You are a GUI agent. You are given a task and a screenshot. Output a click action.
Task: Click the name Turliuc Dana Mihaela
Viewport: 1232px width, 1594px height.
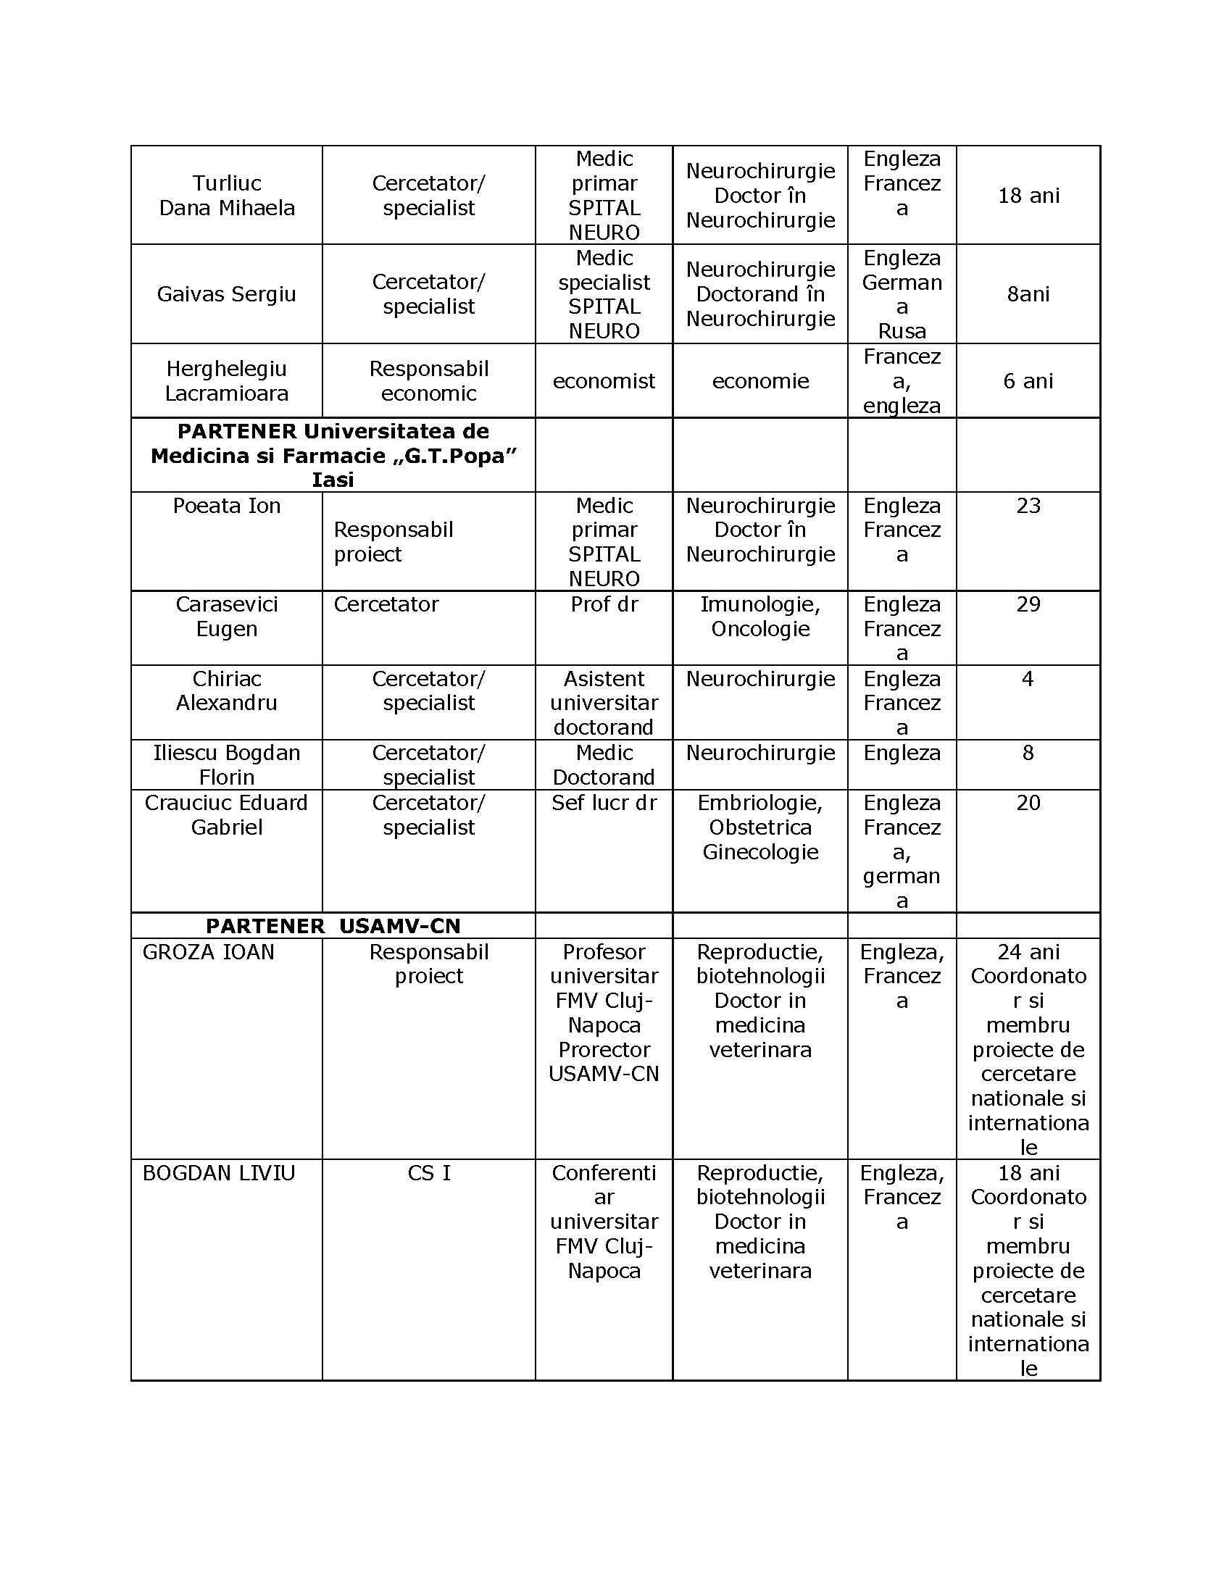(x=226, y=196)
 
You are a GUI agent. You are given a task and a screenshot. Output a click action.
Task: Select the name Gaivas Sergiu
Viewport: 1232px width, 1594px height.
(x=226, y=294)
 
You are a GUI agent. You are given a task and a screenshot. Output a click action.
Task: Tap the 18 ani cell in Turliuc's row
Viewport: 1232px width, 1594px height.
(x=1028, y=196)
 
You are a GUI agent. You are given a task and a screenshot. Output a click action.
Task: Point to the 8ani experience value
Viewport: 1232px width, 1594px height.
(x=1028, y=294)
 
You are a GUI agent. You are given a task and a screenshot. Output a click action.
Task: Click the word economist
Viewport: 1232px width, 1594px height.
(x=604, y=381)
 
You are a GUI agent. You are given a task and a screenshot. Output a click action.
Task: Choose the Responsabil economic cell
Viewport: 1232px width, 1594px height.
(x=428, y=381)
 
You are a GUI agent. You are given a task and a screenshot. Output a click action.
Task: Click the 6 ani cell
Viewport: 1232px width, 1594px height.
(x=1028, y=381)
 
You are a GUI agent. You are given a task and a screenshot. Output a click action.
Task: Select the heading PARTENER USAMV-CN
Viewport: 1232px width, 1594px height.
(x=333, y=926)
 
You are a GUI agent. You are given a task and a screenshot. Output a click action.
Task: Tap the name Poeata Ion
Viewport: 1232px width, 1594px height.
(x=226, y=506)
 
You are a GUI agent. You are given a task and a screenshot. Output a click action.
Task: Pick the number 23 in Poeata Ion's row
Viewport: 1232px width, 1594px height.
(x=1028, y=506)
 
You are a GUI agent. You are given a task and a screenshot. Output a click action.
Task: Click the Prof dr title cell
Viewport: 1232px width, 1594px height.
(x=604, y=604)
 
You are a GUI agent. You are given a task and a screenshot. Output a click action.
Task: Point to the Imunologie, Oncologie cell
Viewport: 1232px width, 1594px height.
(x=759, y=617)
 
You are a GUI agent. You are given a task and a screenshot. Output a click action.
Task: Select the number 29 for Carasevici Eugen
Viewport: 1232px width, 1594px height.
(x=1028, y=604)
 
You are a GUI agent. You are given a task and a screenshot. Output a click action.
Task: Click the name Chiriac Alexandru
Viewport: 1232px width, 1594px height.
(x=226, y=690)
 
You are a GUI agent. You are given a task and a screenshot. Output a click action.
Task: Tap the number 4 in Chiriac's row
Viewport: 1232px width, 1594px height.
(x=1028, y=679)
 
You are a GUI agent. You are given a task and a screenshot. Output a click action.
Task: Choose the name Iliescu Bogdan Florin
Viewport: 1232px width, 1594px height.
(x=226, y=765)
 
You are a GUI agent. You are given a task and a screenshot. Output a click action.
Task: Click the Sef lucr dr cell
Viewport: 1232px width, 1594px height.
(x=604, y=803)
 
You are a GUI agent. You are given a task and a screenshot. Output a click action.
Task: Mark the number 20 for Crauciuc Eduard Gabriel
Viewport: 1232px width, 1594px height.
(x=1028, y=803)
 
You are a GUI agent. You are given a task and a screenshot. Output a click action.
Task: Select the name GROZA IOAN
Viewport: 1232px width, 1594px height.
(x=209, y=953)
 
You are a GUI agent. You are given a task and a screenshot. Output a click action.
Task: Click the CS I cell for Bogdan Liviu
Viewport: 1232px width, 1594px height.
(x=428, y=1173)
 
